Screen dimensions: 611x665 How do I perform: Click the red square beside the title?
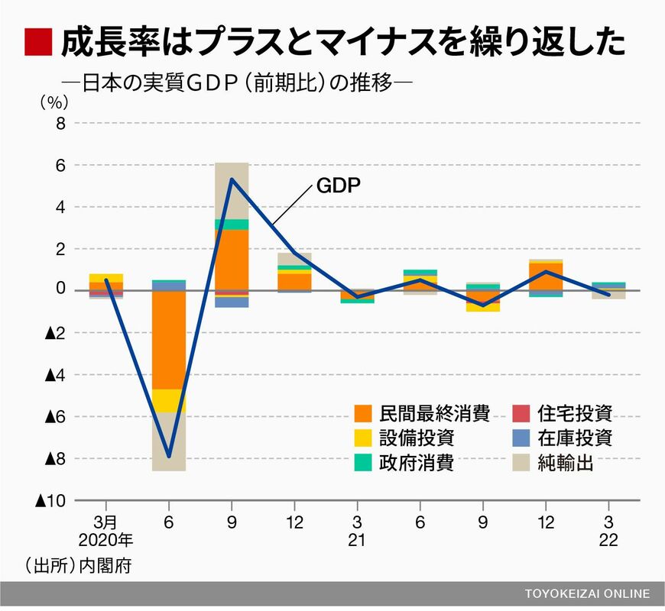[x=37, y=42]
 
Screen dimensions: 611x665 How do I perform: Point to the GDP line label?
[x=337, y=186]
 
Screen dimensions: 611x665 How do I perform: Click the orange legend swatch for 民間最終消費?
[x=364, y=415]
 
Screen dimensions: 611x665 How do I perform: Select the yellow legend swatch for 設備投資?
[x=364, y=438]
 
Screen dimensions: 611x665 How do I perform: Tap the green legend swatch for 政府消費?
[x=364, y=462]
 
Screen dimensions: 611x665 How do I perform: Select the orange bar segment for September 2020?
[x=232, y=260]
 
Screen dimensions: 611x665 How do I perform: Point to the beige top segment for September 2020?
[x=232, y=190]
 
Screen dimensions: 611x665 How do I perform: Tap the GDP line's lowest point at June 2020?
[x=169, y=457]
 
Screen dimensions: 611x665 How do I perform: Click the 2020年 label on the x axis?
[x=105, y=541]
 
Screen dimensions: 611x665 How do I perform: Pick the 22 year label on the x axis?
[x=608, y=541]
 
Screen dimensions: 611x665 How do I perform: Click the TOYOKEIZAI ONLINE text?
[x=587, y=593]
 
